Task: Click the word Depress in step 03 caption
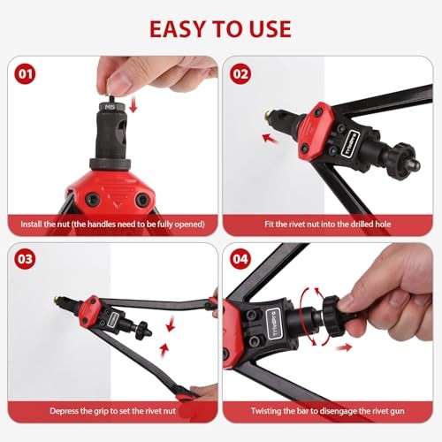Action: pyautogui.click(x=58, y=410)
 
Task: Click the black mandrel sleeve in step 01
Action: pyautogui.click(x=110, y=141)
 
